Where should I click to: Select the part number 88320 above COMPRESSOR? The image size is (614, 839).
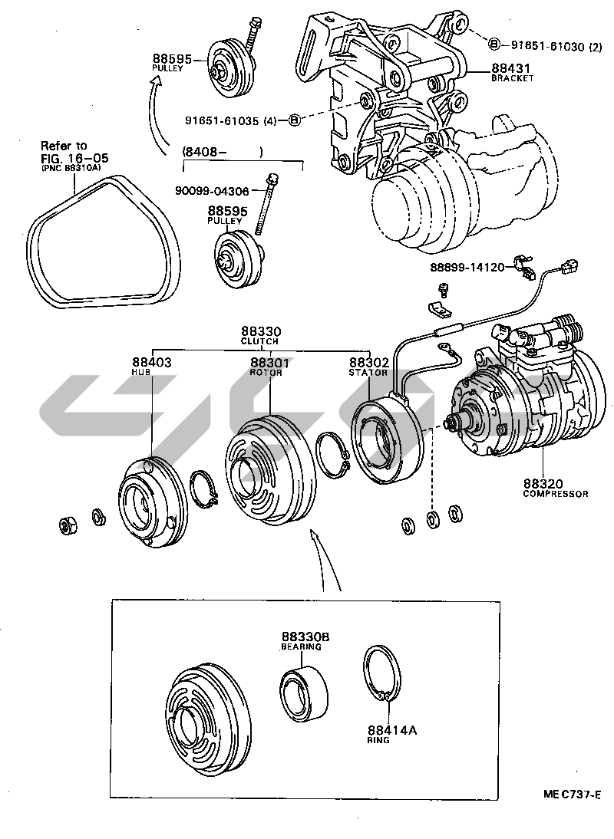(544, 484)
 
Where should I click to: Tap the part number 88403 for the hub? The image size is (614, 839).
(151, 362)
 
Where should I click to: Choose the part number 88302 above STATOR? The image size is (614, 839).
(369, 362)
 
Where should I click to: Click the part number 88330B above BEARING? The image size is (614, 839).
(305, 637)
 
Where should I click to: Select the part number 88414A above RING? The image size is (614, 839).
(392, 730)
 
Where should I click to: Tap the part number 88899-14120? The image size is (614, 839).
(467, 268)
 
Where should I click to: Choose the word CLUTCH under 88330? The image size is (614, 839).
(259, 341)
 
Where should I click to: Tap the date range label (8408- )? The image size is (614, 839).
(223, 152)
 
